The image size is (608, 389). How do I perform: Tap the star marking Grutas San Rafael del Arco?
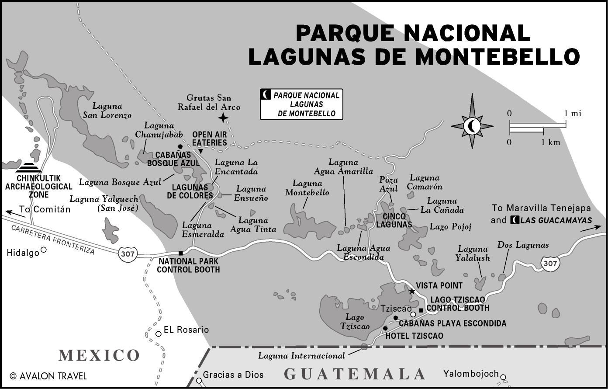(223, 117)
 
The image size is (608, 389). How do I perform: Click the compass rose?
(472, 126)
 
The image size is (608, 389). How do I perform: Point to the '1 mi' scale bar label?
(573, 114)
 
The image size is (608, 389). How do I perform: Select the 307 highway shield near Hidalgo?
(128, 253)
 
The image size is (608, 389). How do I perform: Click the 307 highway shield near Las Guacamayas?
(550, 263)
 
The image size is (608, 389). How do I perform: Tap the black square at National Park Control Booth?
(180, 253)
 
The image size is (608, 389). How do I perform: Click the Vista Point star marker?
(411, 291)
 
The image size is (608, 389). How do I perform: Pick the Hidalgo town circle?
(43, 250)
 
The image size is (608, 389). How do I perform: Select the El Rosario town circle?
(158, 333)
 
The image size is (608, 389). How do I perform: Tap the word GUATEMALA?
(354, 374)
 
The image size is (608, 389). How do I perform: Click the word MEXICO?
(99, 355)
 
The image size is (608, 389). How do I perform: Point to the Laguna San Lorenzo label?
(107, 111)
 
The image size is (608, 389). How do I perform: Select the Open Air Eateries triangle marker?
(200, 151)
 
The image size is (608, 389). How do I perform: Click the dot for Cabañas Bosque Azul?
(180, 146)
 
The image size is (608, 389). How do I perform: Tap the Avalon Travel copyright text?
(48, 376)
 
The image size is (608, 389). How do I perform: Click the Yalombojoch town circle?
(503, 377)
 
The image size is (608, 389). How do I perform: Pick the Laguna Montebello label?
(307, 188)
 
